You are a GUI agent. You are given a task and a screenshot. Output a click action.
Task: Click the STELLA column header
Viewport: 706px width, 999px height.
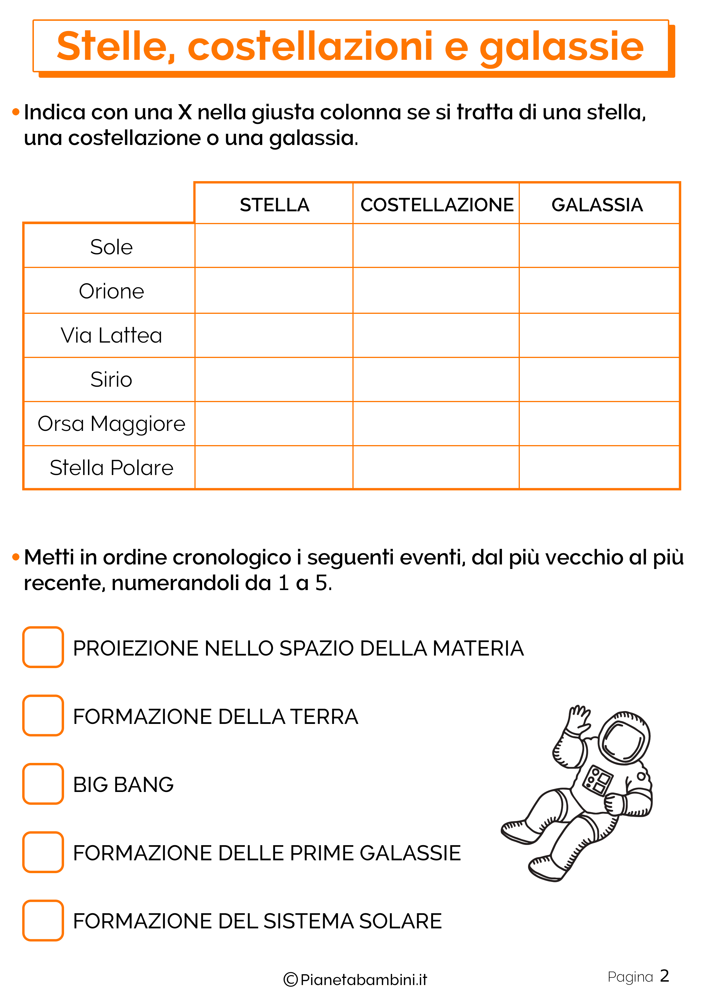(x=274, y=205)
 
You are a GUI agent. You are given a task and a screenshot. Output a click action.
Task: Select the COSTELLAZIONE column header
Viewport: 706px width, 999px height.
(x=437, y=205)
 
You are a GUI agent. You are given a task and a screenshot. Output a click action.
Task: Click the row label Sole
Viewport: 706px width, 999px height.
(x=111, y=247)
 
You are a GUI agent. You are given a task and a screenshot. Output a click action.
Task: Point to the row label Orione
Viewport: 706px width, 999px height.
(x=111, y=291)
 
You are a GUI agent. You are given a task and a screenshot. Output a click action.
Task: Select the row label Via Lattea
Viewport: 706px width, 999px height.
(x=111, y=335)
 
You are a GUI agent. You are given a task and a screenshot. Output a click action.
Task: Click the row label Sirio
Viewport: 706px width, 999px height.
(x=111, y=379)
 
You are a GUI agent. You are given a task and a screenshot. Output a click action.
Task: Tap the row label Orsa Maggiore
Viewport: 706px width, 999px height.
(x=111, y=424)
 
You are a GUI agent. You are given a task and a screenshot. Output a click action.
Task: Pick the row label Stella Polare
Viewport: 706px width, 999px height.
(x=111, y=468)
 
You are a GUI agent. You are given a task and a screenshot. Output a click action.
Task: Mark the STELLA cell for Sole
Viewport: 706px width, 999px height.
(x=274, y=246)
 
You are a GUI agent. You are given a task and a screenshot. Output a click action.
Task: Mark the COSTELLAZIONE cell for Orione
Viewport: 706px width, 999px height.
(x=436, y=291)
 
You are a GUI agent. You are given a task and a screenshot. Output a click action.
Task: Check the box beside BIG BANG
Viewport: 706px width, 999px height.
(x=43, y=784)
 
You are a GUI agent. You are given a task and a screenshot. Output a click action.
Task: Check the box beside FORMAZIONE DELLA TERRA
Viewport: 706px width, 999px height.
(x=43, y=715)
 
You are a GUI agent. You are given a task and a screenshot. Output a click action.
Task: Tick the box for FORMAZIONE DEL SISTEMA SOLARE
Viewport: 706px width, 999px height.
(x=43, y=920)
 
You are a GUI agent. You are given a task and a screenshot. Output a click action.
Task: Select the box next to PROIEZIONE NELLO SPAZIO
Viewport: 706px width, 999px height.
(x=43, y=647)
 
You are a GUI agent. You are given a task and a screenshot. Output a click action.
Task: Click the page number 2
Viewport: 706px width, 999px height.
(x=664, y=976)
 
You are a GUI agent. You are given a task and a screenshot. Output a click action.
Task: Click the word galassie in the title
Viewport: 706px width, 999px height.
(x=561, y=47)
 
